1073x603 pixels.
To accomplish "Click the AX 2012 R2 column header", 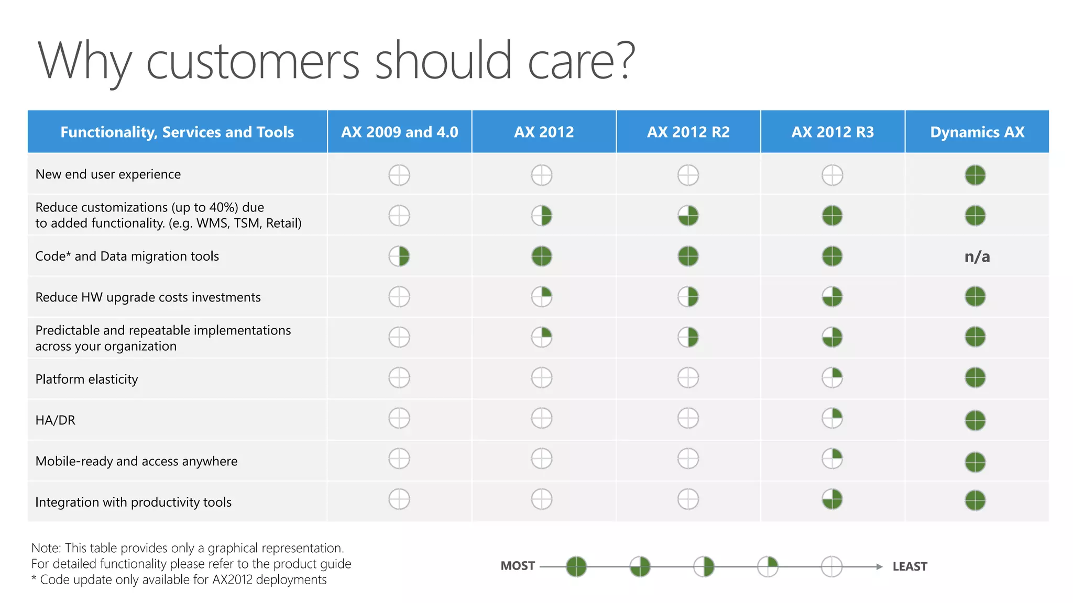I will (688, 132).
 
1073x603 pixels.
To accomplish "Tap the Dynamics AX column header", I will (977, 132).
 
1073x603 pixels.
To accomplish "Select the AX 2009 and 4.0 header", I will (399, 132).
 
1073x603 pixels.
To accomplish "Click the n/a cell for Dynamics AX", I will (977, 256).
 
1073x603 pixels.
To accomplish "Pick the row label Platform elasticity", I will (86, 379).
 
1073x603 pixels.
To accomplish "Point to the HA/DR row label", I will (55, 420).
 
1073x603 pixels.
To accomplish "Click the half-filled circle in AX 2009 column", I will (399, 256).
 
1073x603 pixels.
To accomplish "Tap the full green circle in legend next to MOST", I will (576, 566).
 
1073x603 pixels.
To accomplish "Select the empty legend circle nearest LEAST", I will (831, 566).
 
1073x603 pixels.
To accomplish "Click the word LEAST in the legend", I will (910, 566).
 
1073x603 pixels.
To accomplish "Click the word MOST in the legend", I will (518, 566).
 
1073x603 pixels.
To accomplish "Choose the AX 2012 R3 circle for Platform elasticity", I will (832, 377).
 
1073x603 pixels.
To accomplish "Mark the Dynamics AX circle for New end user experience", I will (975, 175).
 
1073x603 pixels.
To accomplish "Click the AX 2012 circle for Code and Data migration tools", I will (542, 256).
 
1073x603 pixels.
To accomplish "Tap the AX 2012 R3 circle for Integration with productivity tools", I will (832, 499).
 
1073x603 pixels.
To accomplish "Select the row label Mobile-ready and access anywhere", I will (136, 461).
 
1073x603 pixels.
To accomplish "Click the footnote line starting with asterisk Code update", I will (179, 579).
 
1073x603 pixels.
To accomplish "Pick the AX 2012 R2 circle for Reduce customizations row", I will (688, 215).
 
